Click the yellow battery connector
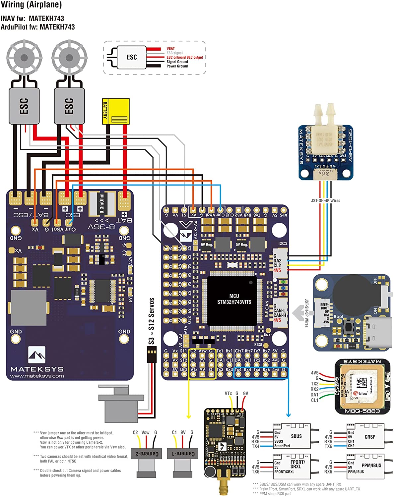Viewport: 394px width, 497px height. click(116, 111)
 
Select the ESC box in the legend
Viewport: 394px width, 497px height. click(132, 57)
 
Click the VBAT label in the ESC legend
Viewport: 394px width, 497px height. click(170, 48)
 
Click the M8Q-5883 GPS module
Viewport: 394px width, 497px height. click(362, 386)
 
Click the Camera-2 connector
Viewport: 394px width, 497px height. click(145, 454)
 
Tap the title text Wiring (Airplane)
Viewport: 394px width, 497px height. click(31, 5)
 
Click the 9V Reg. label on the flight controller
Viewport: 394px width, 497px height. click(207, 245)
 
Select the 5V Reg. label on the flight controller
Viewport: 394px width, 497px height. click(242, 245)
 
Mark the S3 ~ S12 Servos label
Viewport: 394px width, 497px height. click(151, 321)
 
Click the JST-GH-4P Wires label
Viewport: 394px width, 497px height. click(325, 200)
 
